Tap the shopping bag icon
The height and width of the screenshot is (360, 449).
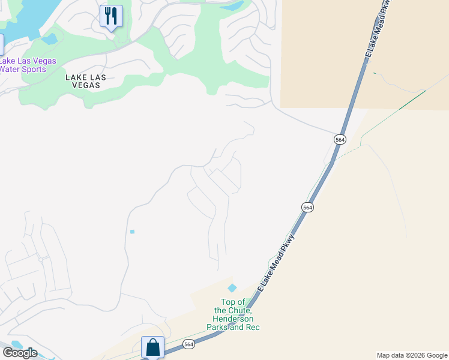click(x=152, y=347)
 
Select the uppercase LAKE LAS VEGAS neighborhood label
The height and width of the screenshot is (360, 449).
click(x=83, y=81)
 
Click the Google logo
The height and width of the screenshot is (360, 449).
click(x=20, y=353)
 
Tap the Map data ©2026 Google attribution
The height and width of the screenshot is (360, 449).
click(x=411, y=355)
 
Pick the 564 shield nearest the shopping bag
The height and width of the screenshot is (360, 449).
click(x=188, y=344)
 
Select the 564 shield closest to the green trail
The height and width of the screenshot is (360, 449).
click(x=340, y=139)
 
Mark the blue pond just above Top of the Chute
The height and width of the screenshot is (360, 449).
click(x=232, y=288)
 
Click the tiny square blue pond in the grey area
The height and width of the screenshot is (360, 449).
click(x=132, y=232)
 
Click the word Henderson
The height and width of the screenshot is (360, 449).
click(x=232, y=319)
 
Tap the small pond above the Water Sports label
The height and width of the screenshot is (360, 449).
click(x=49, y=40)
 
